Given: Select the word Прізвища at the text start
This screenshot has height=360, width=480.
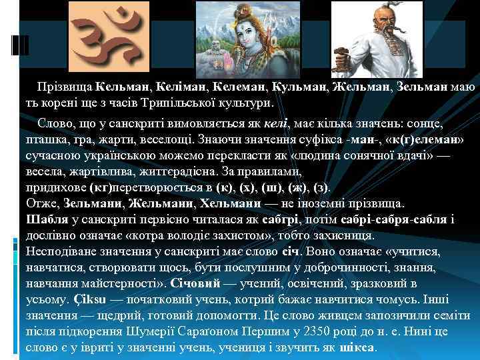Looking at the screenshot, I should tap(65, 87).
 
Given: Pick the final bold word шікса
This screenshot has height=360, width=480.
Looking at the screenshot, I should tap(358, 347).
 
